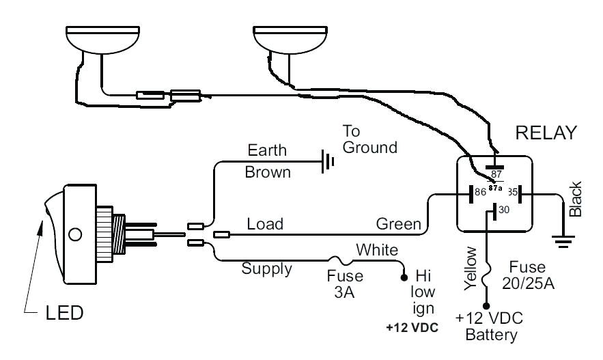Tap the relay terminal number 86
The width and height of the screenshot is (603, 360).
click(x=480, y=193)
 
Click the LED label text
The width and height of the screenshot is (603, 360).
click(x=64, y=314)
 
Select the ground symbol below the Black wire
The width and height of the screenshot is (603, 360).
click(x=563, y=240)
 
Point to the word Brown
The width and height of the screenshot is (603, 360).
click(x=267, y=172)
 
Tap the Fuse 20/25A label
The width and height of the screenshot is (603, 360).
click(x=534, y=275)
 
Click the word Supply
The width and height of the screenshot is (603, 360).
click(x=267, y=268)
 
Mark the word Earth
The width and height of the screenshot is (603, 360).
click(x=267, y=150)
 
